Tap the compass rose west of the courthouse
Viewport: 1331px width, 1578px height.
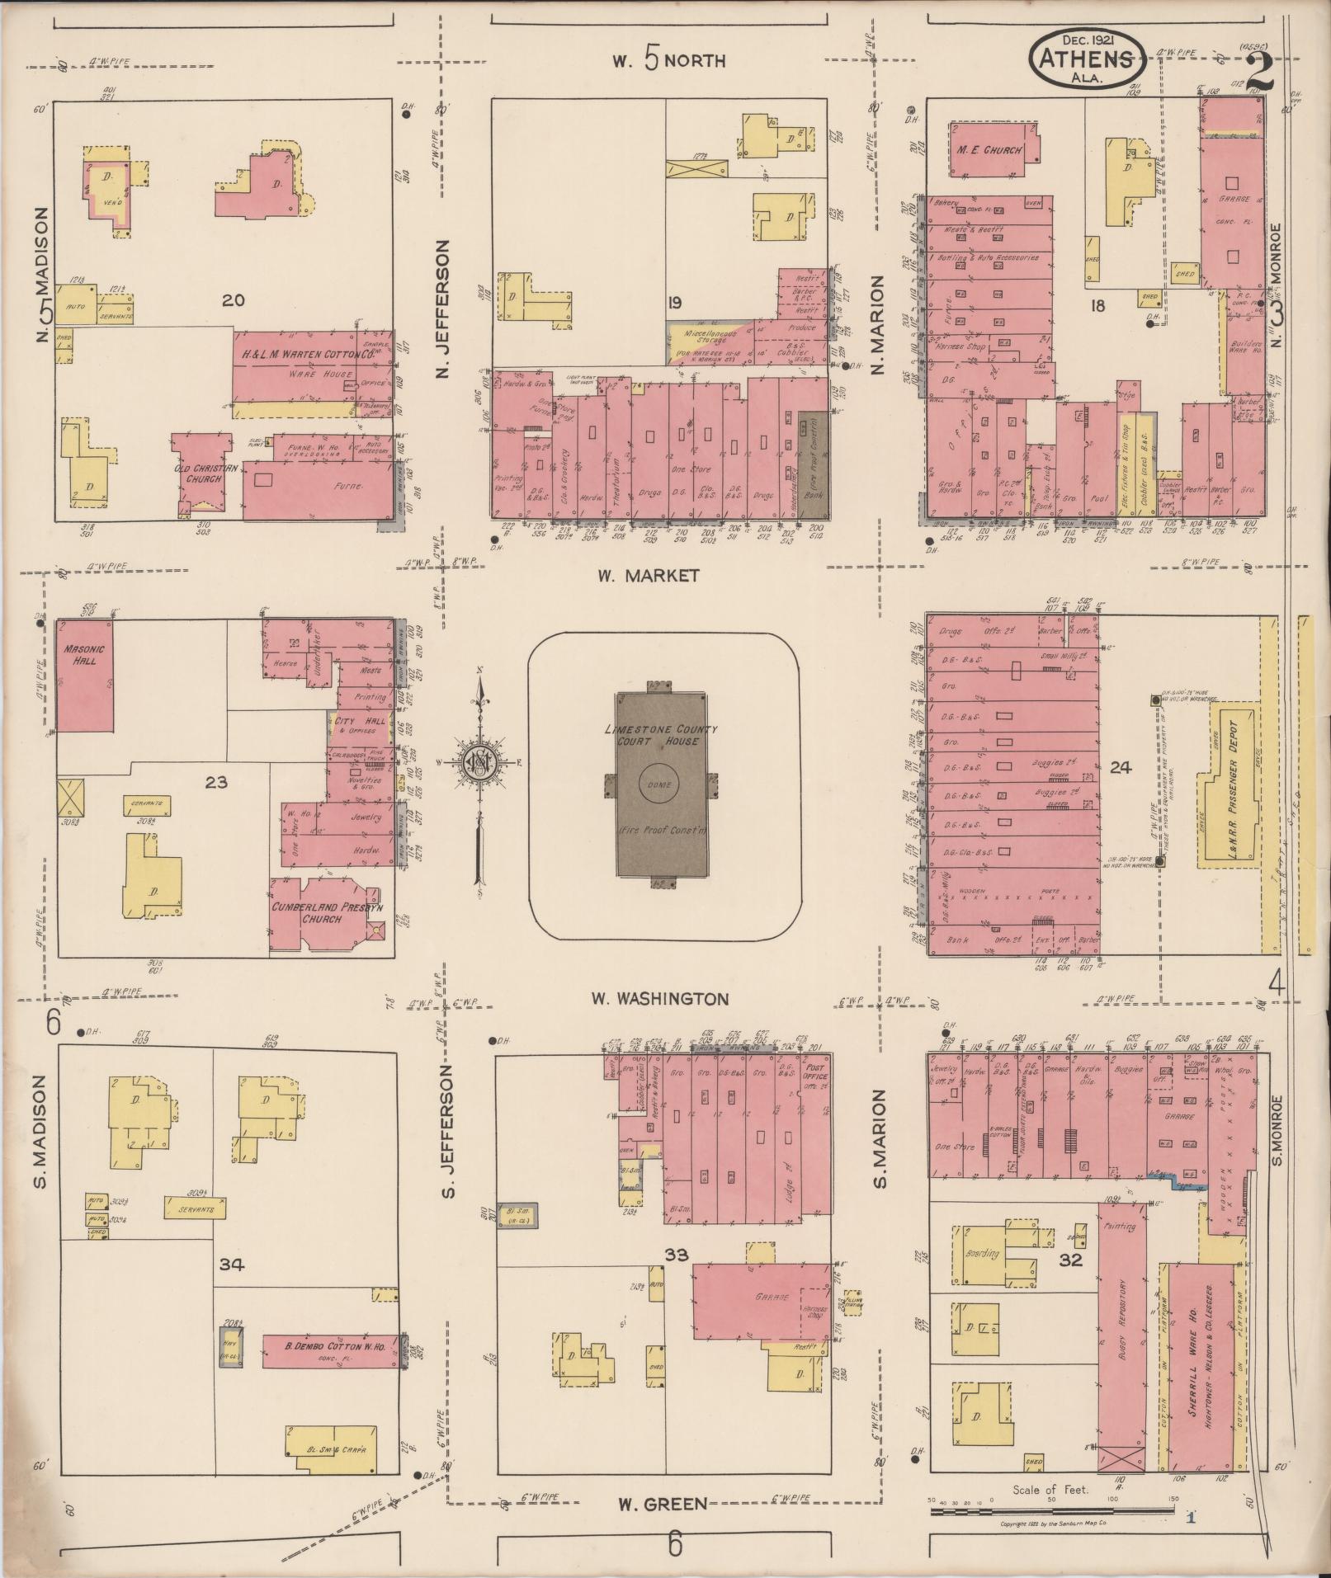[477, 761]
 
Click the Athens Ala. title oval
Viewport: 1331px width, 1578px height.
[1085, 59]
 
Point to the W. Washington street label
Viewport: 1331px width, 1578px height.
[659, 999]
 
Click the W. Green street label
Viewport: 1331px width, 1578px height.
[663, 1504]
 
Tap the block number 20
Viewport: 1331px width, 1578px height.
[234, 300]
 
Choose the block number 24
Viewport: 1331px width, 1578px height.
[1121, 767]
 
